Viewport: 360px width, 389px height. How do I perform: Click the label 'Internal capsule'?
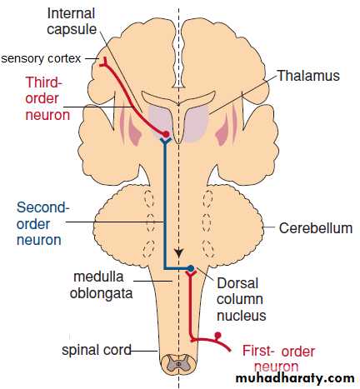click(x=72, y=22)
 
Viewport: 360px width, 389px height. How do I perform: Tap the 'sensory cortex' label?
click(x=41, y=58)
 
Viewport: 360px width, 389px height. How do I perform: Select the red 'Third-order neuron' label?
click(x=47, y=98)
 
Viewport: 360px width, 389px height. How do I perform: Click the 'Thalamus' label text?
click(x=308, y=76)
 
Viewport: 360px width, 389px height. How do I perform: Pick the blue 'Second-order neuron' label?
click(x=42, y=223)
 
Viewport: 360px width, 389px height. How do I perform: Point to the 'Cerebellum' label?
click(x=316, y=228)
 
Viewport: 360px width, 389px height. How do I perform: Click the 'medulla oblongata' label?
click(x=101, y=285)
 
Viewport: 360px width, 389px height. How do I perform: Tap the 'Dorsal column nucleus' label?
click(x=241, y=299)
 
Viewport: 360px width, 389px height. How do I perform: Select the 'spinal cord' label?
click(x=97, y=350)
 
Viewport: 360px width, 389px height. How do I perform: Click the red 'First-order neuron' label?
click(x=278, y=359)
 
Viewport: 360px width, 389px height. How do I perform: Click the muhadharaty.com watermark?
click(x=295, y=379)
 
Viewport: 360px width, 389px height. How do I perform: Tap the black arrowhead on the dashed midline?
click(x=179, y=253)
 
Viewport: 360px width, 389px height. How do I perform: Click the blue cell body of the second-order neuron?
click(x=191, y=268)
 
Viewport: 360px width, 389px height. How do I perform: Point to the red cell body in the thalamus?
click(x=166, y=134)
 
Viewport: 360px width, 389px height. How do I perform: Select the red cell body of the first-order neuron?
click(x=218, y=335)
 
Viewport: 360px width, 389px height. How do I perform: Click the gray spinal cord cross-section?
click(x=178, y=363)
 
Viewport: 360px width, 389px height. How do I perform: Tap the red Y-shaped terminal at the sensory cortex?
click(x=104, y=62)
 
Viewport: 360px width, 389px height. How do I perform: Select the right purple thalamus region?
click(x=197, y=123)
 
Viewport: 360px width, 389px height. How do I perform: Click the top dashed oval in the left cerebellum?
click(x=149, y=198)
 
